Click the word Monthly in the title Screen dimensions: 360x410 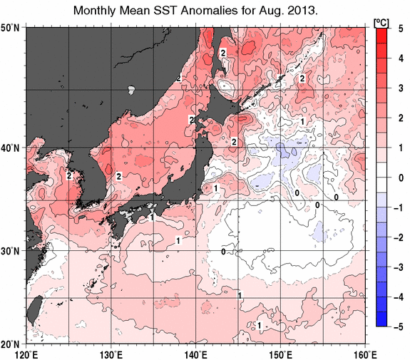tap(98, 12)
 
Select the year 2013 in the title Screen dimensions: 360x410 tap(302, 12)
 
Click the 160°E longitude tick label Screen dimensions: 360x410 tap(364, 353)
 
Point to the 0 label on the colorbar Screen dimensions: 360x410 tap(401, 177)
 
